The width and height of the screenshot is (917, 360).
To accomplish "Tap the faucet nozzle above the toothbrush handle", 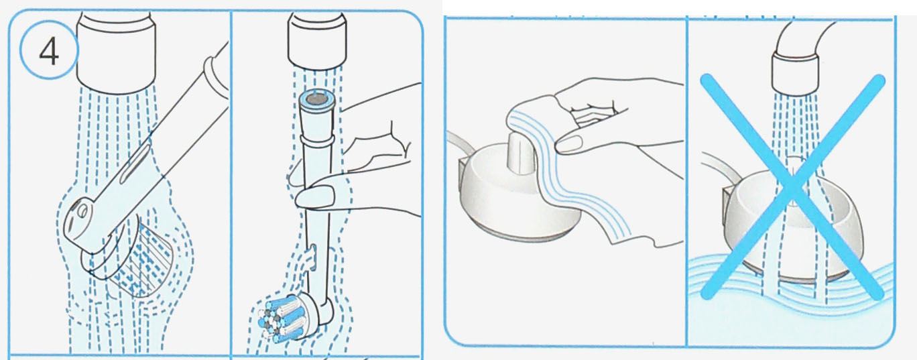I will [117, 46].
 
